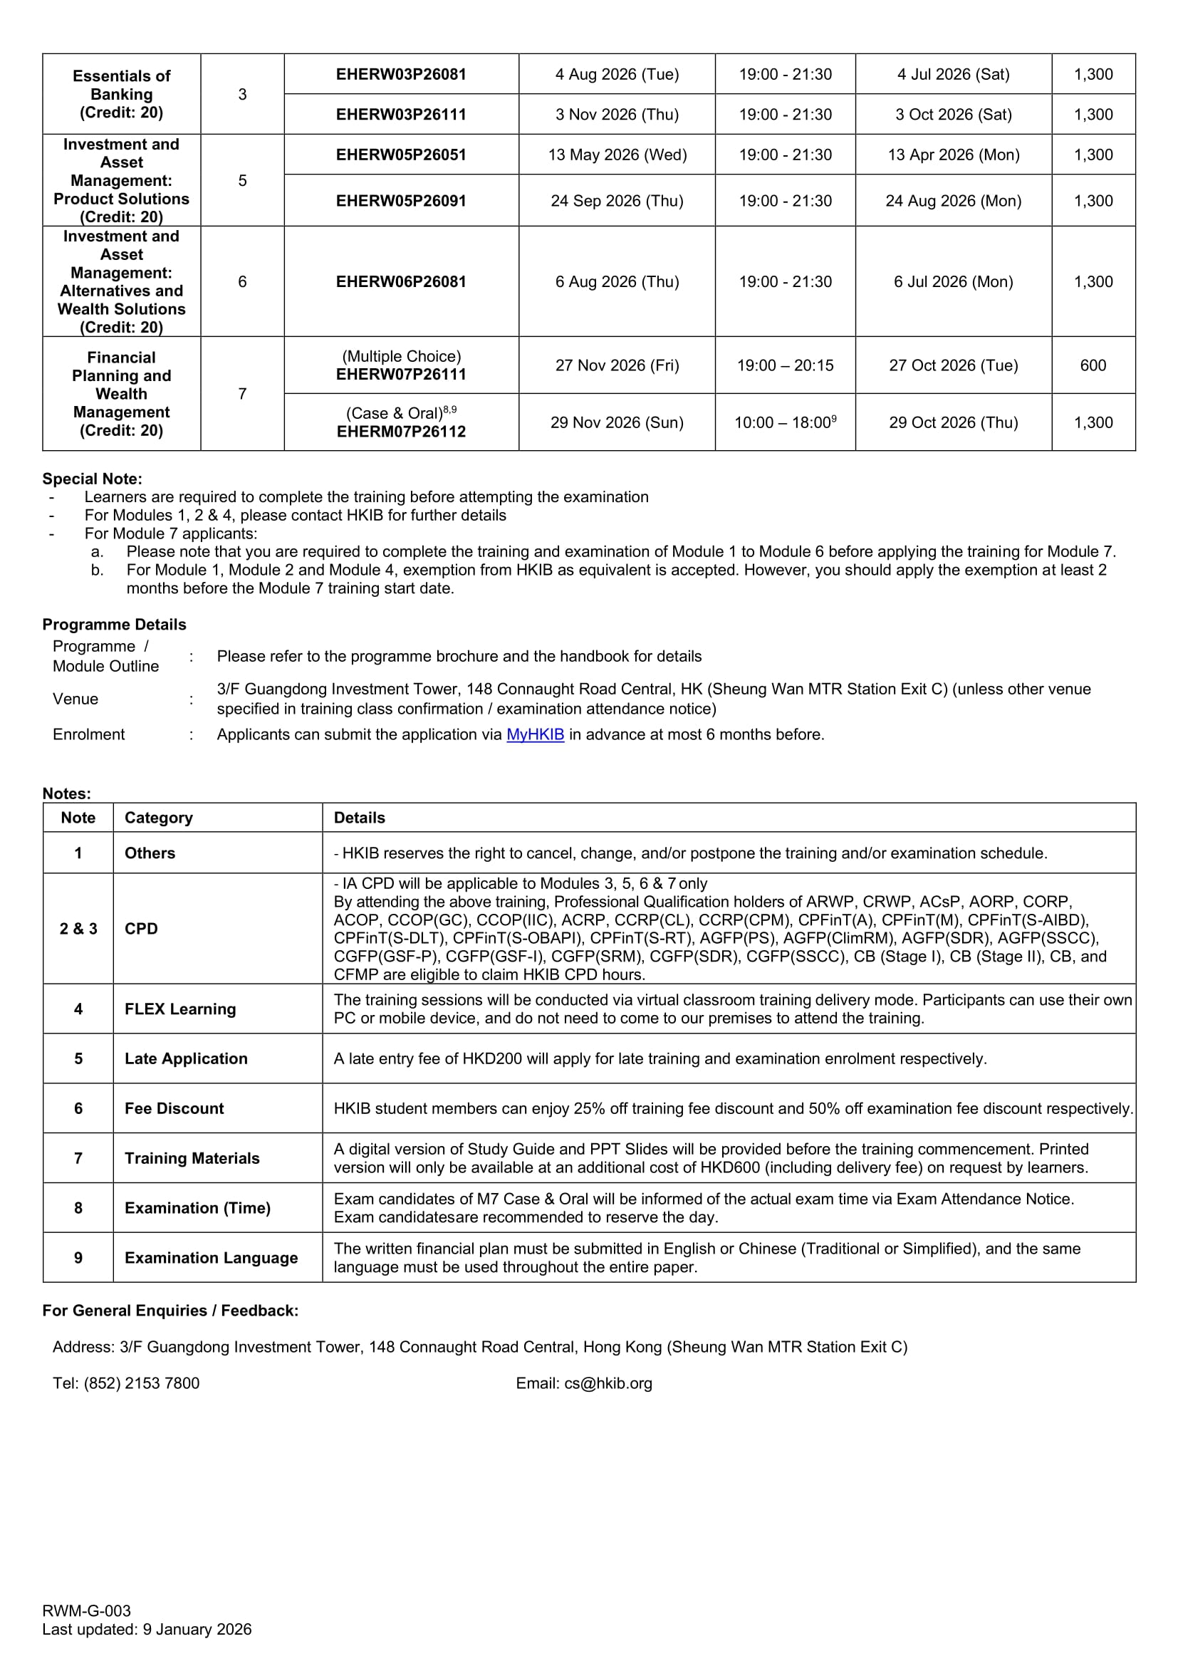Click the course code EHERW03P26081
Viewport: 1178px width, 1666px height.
tap(400, 74)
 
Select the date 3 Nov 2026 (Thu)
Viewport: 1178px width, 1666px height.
tap(617, 115)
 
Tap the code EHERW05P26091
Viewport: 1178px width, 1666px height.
tap(400, 201)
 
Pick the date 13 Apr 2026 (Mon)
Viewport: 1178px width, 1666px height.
tap(953, 155)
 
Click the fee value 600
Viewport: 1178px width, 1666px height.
tap(1093, 365)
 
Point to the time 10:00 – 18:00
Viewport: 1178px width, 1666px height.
tap(784, 422)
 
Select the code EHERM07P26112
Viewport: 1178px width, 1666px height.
tap(400, 432)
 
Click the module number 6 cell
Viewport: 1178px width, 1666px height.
tap(242, 281)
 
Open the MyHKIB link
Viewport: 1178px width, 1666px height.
tap(535, 734)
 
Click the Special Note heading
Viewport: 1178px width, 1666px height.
tap(92, 479)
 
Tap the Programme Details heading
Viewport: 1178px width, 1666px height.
tap(114, 625)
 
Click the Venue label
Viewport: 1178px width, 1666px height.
tap(75, 699)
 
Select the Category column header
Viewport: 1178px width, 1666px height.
tap(158, 818)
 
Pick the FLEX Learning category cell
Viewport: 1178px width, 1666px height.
tap(180, 1009)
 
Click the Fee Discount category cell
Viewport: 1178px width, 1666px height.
tap(174, 1109)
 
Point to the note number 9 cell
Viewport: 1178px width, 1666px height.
tap(78, 1257)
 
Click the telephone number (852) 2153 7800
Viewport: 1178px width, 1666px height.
tap(142, 1384)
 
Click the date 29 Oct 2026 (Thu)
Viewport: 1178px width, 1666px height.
tap(953, 422)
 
